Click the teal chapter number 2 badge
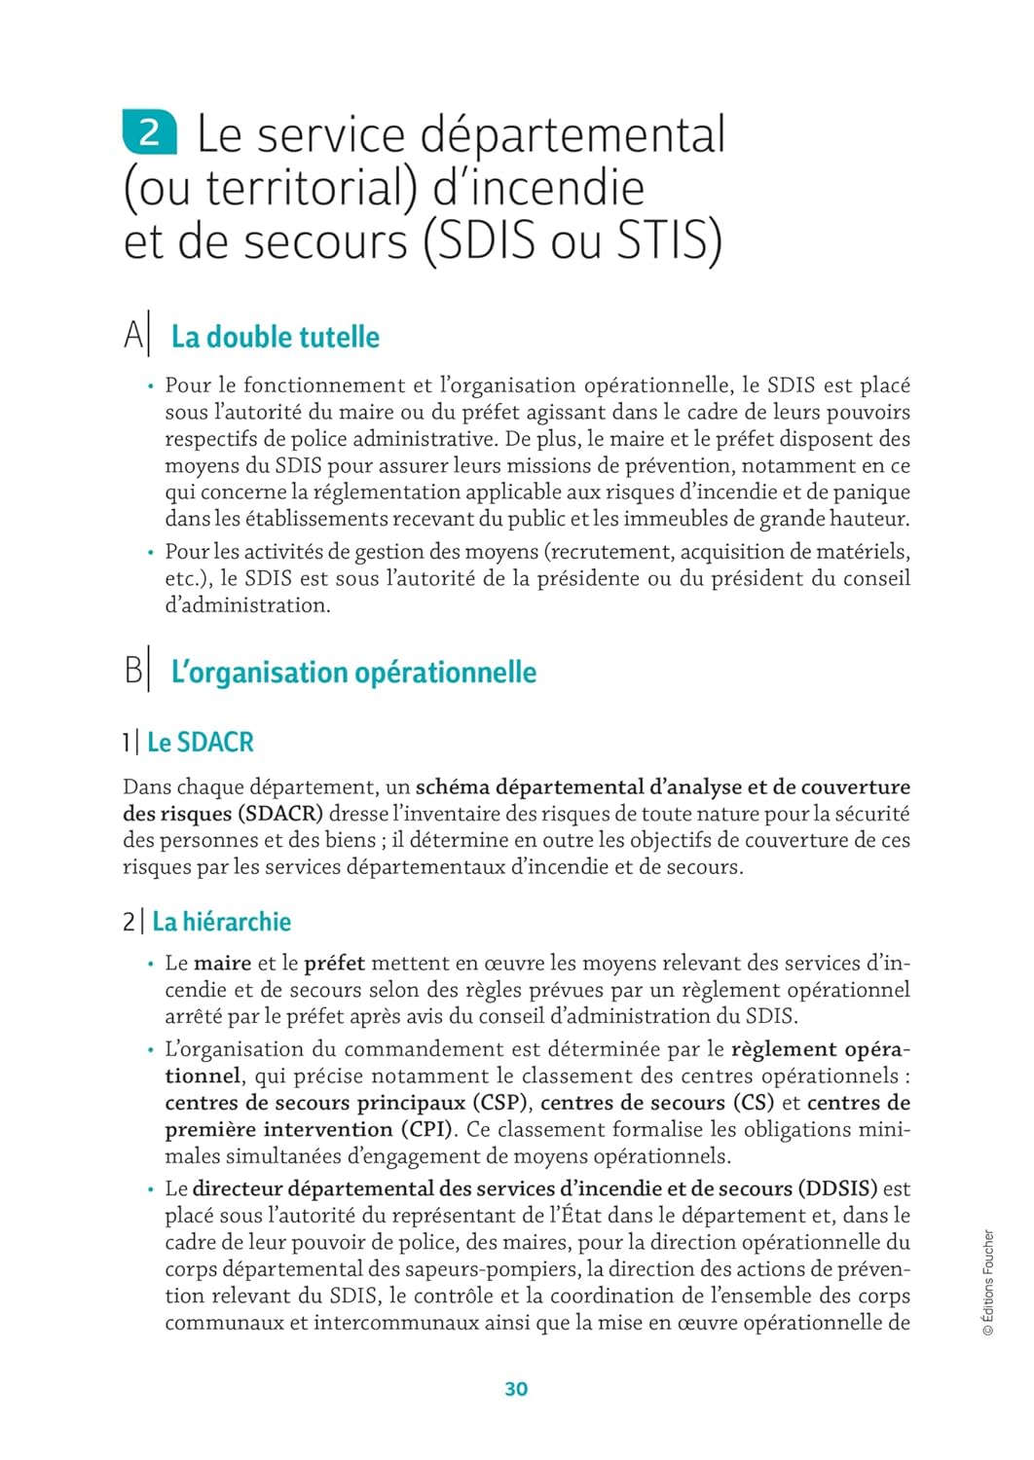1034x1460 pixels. click(149, 132)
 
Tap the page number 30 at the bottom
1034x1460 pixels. click(516, 1389)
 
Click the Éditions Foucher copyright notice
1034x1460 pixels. click(988, 1282)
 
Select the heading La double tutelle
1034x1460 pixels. click(275, 337)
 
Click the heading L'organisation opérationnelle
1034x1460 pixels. click(353, 673)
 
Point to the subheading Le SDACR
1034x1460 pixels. click(200, 743)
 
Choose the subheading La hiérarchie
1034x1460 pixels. click(221, 922)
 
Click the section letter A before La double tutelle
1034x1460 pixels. click(133, 336)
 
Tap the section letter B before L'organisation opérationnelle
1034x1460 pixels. click(133, 672)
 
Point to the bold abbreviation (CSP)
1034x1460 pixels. click(502, 1103)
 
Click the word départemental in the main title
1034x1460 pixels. click(572, 135)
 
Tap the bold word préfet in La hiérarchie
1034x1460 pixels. click(334, 964)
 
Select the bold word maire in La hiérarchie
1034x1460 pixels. click(222, 964)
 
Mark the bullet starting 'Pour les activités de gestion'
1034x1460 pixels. click(151, 553)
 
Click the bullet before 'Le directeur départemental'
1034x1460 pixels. click(151, 1189)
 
